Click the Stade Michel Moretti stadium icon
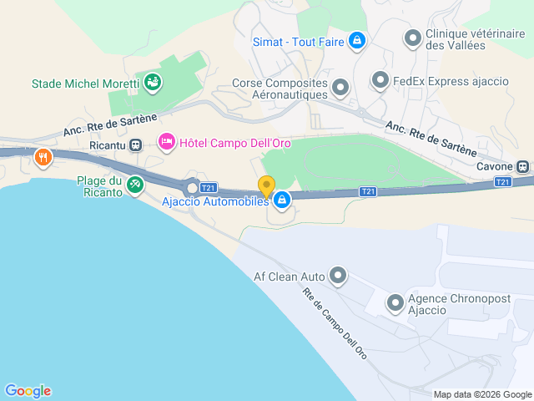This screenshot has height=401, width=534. click(x=153, y=82)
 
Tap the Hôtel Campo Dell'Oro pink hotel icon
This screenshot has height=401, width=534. click(x=166, y=143)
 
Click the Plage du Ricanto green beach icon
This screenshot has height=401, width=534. click(x=134, y=183)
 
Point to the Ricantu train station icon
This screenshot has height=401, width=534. click(x=135, y=144)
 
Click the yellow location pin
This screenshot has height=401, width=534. click(x=266, y=186)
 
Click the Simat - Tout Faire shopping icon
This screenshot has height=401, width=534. click(x=356, y=39)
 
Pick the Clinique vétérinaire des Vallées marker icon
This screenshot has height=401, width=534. click(x=412, y=38)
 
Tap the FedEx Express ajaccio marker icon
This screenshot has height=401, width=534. click(x=380, y=80)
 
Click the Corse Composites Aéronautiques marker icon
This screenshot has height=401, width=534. click(x=340, y=87)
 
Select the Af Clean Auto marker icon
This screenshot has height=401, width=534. click(x=338, y=275)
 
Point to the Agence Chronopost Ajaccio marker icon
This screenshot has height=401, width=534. click(x=394, y=304)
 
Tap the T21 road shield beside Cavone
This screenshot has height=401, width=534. click(x=502, y=181)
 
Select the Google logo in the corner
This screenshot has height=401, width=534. click(x=28, y=390)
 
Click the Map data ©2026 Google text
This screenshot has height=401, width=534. click(x=481, y=394)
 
